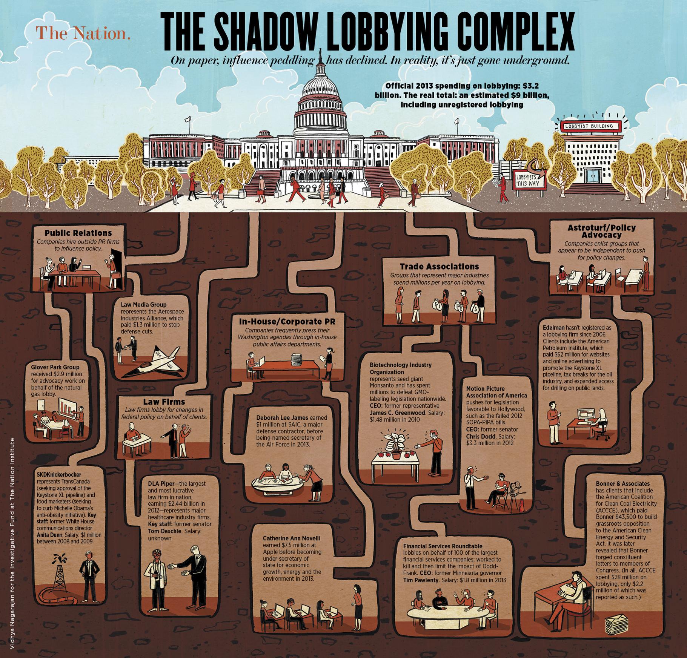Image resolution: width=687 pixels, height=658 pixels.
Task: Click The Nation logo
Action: tap(83, 33)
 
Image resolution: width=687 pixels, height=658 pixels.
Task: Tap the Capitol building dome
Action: tap(320, 90)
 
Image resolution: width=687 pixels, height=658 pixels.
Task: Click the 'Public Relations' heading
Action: tap(78, 233)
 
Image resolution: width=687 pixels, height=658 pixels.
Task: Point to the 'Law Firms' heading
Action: tap(164, 402)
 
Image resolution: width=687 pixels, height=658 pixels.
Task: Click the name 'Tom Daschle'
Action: tap(165, 531)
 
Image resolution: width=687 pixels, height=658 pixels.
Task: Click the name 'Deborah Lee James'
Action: tap(280, 418)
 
